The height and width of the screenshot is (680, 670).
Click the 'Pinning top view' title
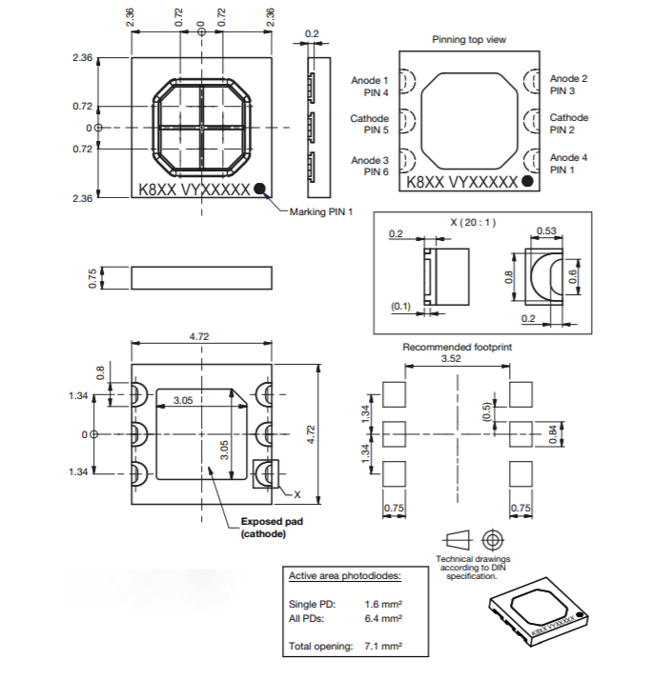469,40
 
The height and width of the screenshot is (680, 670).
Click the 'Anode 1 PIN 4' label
370,87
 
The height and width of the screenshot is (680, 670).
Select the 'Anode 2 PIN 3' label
569,85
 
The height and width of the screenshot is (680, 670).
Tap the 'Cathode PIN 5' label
370,124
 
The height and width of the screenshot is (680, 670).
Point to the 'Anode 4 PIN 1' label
569,163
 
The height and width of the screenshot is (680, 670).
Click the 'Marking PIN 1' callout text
321,211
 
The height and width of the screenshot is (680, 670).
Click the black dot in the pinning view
528,181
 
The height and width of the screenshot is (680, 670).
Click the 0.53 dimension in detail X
547,231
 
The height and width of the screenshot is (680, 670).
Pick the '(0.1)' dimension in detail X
401,307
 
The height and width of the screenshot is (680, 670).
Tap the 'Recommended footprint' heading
457,348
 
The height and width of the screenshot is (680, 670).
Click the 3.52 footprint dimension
453,360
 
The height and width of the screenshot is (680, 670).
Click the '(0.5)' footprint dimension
486,412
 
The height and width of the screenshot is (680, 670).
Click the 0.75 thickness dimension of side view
93,277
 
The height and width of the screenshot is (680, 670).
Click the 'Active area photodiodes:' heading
345,576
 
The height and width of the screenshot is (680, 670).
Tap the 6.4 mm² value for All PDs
383,618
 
